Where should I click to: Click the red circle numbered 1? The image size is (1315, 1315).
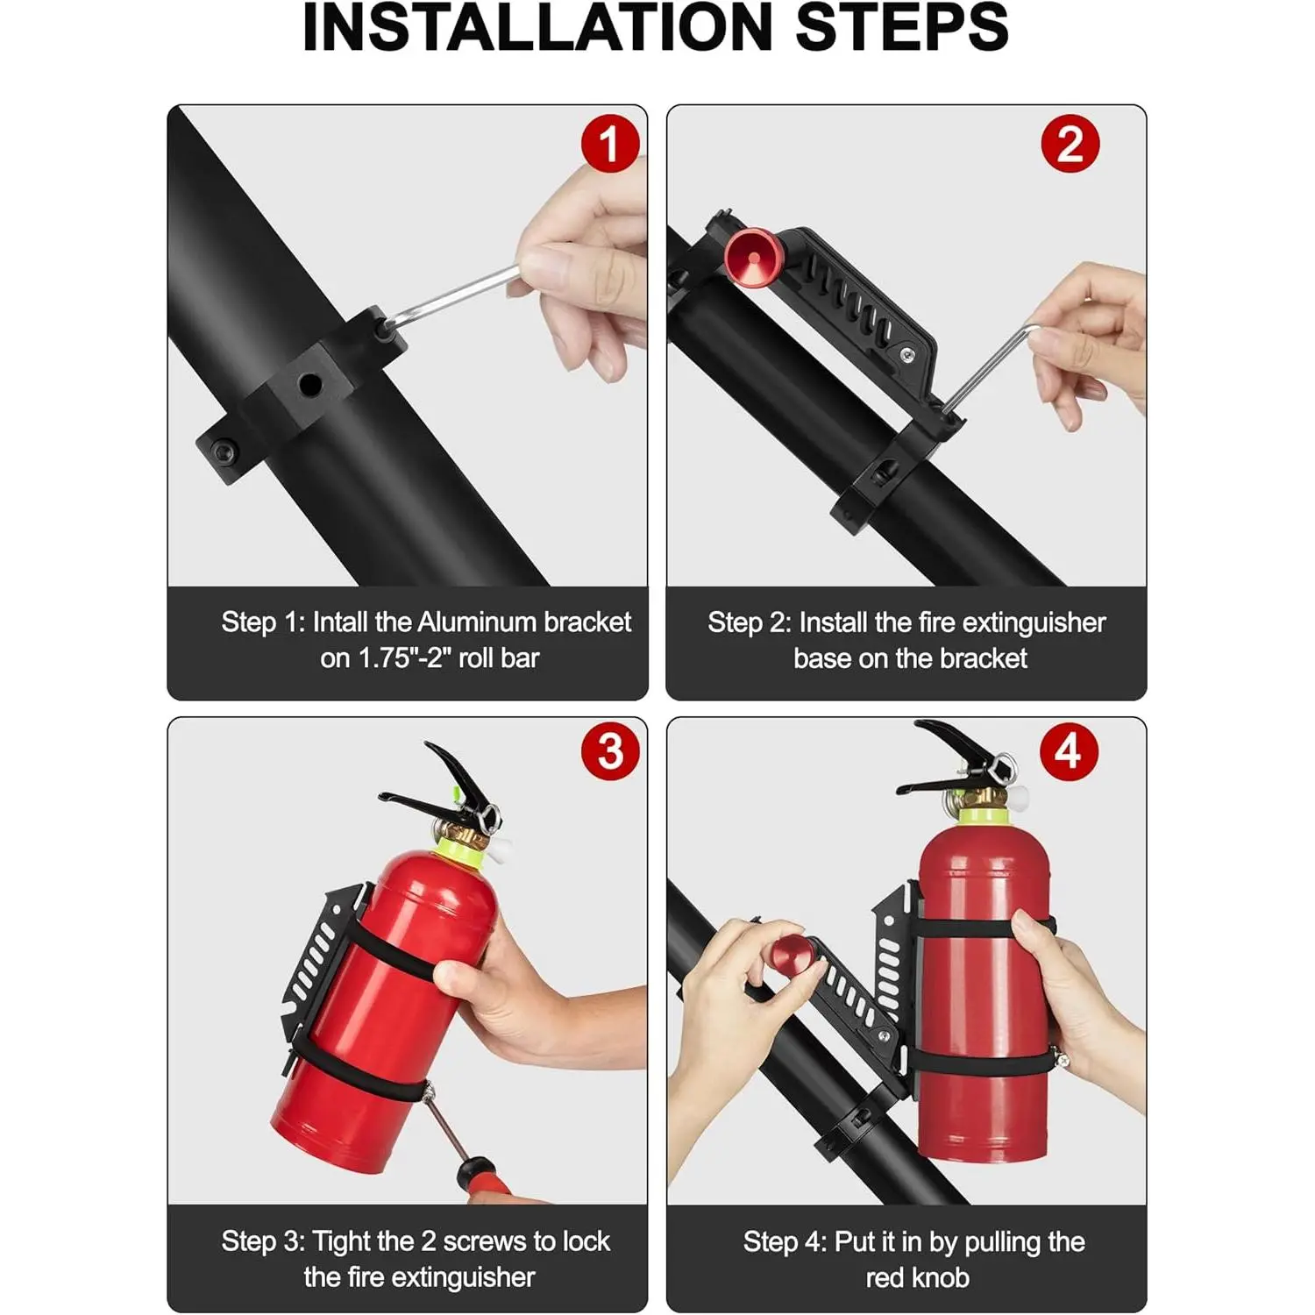point(610,144)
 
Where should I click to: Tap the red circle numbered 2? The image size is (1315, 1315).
point(1070,144)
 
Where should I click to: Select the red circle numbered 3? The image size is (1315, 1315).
point(610,751)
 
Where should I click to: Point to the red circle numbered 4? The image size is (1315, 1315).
point(1069,751)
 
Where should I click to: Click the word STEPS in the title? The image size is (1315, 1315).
point(903,28)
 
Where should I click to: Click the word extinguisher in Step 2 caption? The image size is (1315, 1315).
point(1029,623)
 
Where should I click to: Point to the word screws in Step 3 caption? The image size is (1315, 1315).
point(484,1242)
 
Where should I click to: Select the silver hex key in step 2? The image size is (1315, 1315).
point(991,367)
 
